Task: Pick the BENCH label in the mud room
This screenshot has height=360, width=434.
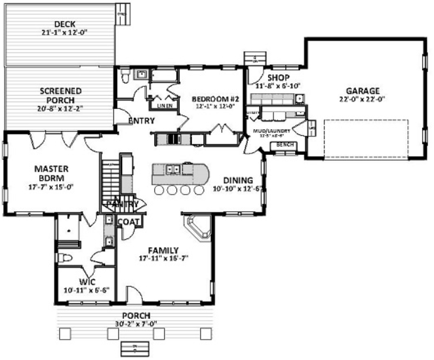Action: [285, 144]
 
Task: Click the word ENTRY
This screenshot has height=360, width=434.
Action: [141, 121]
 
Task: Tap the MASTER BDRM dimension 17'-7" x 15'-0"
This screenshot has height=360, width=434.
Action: [44, 186]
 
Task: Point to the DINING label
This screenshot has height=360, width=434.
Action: [237, 180]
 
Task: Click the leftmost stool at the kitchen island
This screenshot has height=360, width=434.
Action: [159, 190]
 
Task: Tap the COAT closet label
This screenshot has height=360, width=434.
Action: [127, 222]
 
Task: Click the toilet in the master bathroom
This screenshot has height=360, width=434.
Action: [65, 256]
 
